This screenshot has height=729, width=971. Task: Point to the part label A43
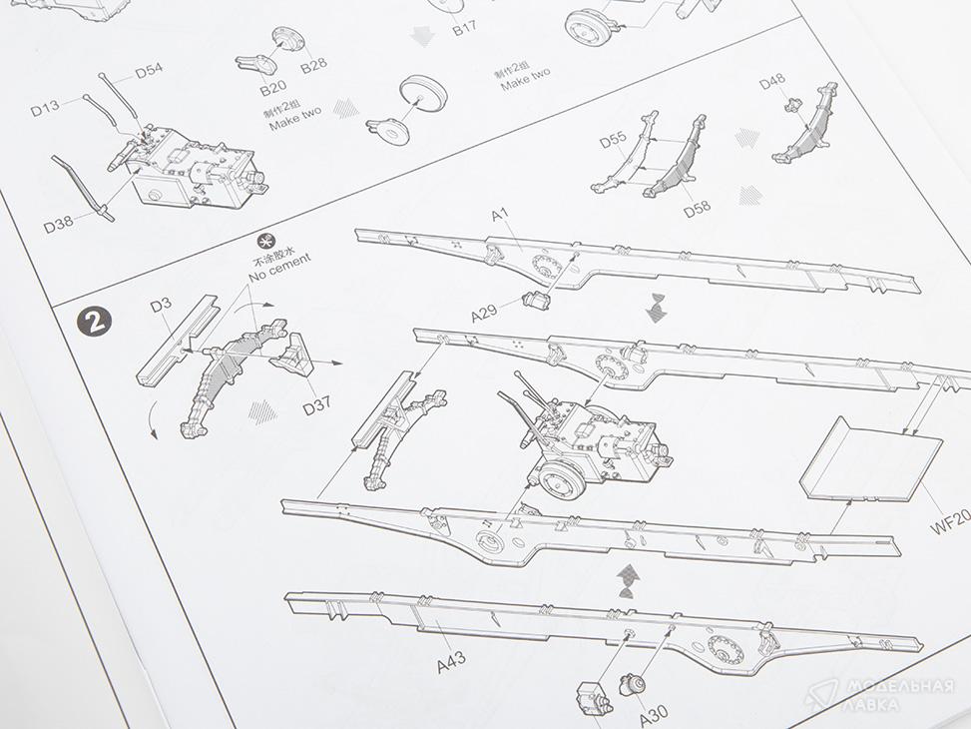pyautogui.click(x=451, y=662)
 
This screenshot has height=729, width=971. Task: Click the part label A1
pyautogui.click(x=500, y=215)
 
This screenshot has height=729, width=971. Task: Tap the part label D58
pyautogui.click(x=698, y=209)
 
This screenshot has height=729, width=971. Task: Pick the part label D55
pyautogui.click(x=614, y=140)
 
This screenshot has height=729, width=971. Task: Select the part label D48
pyautogui.click(x=772, y=82)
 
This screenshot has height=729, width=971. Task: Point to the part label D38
pyautogui.click(x=58, y=223)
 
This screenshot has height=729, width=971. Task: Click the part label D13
pyautogui.click(x=45, y=109)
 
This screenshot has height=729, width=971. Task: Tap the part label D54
pyautogui.click(x=150, y=71)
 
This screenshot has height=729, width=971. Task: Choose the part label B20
pyautogui.click(x=273, y=89)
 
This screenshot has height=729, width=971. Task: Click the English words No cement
pyautogui.click(x=280, y=268)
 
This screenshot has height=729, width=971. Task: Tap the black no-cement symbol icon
pyautogui.click(x=265, y=241)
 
